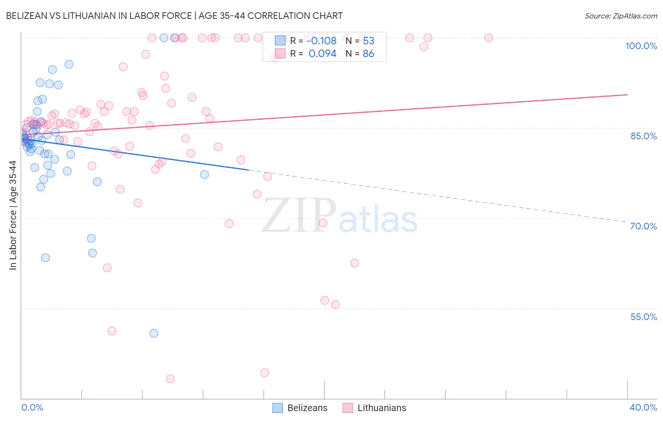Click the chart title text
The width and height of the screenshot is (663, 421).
pos(174,16)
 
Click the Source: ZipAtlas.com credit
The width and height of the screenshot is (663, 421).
pos(621,16)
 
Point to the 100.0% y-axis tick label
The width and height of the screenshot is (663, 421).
pos(641,46)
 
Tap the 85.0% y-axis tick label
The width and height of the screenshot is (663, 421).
pos(643,136)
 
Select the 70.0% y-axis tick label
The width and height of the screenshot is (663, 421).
pos(643,226)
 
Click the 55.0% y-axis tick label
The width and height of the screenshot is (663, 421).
pos(643,317)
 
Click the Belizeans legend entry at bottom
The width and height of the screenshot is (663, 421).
pos(300,408)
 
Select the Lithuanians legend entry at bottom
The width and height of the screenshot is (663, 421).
pos(374,408)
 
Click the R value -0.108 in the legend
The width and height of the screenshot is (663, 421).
pos(322,41)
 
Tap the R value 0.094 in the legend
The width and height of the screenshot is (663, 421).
pos(323,54)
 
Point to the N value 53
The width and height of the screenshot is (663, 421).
pos(368,41)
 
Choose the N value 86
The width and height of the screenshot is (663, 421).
pos(368,54)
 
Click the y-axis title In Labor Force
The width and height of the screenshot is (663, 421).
pos(13,215)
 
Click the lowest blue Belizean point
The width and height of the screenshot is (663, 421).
pos(154,333)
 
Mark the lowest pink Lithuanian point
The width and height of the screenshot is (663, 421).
pos(170,379)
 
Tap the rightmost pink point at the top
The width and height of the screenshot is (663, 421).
pos(489,38)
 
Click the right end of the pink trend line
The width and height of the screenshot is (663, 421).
pos(627,95)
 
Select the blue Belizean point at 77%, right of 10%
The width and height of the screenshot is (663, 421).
pos(204,175)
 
